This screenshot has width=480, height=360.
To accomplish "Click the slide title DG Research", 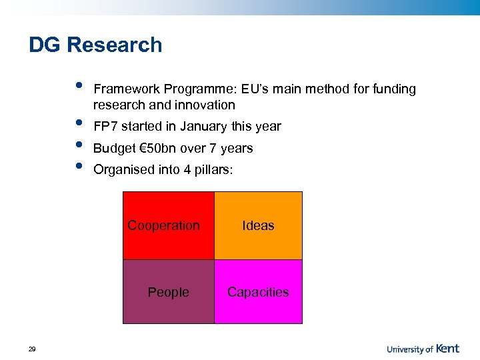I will click(x=95, y=45).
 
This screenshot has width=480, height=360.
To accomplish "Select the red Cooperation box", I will click(x=169, y=225).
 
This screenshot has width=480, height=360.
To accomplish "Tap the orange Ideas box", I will click(x=258, y=225).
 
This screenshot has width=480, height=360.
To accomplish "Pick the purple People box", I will click(x=169, y=292).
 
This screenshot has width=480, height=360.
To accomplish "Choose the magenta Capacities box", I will click(x=258, y=292).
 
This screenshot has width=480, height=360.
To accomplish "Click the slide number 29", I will click(x=32, y=349).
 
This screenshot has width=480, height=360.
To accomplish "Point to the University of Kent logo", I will click(x=423, y=348).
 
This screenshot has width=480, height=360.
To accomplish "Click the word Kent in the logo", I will click(x=447, y=348).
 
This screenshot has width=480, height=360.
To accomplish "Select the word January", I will click(x=200, y=127).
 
